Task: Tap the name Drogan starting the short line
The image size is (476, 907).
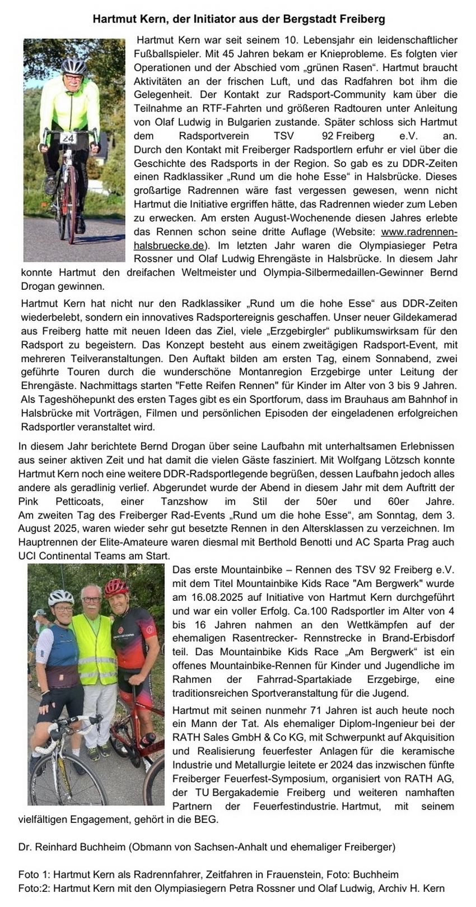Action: pyautogui.click(x=37, y=286)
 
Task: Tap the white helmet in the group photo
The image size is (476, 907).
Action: pyautogui.click(x=60, y=597)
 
